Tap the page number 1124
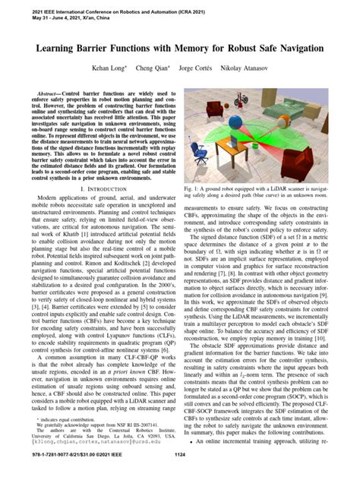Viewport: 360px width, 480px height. tap(180, 455)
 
